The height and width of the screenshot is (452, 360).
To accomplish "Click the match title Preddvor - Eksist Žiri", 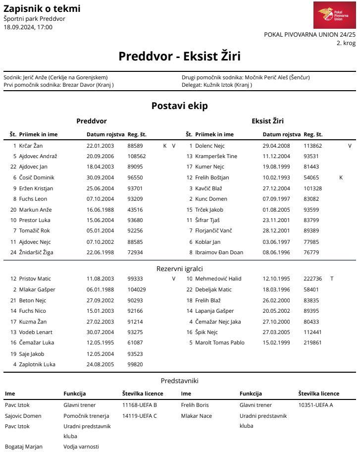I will (x=179, y=56).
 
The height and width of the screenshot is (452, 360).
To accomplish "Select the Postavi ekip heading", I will (x=179, y=106).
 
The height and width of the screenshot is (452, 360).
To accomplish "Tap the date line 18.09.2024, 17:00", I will (x=28, y=27).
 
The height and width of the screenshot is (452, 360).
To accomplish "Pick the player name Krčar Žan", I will (x=32, y=146).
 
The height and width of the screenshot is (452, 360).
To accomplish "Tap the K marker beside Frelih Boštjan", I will (x=341, y=177).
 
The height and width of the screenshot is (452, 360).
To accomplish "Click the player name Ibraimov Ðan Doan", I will (x=219, y=252).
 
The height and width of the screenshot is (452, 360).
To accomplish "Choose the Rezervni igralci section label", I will (x=179, y=269).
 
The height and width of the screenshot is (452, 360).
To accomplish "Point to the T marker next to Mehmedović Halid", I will (x=332, y=279).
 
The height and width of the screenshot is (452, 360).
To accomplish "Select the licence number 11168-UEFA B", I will (x=139, y=405).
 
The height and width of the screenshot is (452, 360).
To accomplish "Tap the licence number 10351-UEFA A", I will (x=315, y=405).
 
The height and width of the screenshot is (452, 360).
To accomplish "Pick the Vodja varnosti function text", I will (x=81, y=447).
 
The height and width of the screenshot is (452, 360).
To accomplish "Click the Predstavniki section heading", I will (x=179, y=381).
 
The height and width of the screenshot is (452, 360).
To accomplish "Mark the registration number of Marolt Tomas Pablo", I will (x=312, y=342).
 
